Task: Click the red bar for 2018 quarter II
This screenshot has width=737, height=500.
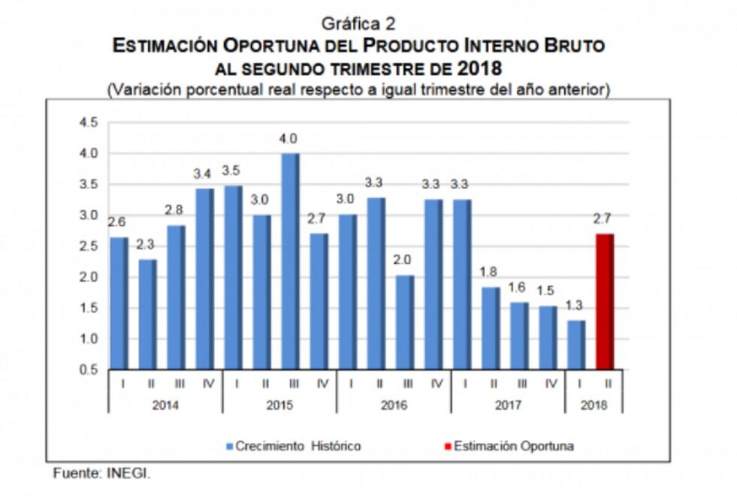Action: point(606,302)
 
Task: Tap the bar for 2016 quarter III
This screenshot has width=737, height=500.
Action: point(405,323)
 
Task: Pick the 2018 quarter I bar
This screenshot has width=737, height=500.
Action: point(577,345)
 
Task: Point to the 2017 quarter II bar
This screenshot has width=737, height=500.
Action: point(491,328)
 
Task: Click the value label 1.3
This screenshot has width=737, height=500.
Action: point(575,306)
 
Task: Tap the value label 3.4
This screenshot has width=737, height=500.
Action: point(202,174)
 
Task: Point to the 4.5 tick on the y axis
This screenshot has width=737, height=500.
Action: point(88,123)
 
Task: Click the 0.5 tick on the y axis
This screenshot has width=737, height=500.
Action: point(88,370)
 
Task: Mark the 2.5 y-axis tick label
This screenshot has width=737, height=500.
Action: point(88,247)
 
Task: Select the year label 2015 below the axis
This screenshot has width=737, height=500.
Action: point(279,405)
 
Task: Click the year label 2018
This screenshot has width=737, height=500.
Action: point(594,405)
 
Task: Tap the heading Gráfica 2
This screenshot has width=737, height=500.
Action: point(358,23)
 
